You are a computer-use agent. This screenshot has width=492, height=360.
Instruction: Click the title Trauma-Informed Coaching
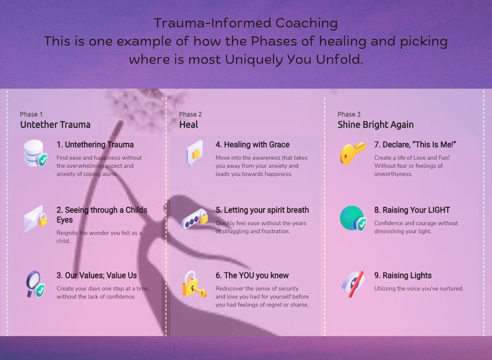pyautogui.click(x=245, y=24)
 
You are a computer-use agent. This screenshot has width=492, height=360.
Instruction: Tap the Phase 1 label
pyautogui.click(x=32, y=114)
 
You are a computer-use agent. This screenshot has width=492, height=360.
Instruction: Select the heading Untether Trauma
pyautogui.click(x=55, y=125)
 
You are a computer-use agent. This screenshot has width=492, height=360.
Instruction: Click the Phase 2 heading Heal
pyautogui.click(x=188, y=125)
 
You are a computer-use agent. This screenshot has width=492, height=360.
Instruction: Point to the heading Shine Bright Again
pyautogui.click(x=376, y=125)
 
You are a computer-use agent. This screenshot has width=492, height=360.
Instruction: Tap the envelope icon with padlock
pyautogui.click(x=35, y=218)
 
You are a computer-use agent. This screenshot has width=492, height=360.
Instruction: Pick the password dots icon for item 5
pyautogui.click(x=194, y=219)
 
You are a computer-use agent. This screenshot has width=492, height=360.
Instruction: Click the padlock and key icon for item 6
pyautogui.click(x=194, y=284)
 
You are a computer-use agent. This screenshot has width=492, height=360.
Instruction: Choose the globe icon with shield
pyautogui.click(x=353, y=219)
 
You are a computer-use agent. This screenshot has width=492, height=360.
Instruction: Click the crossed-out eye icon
pyautogui.click(x=353, y=284)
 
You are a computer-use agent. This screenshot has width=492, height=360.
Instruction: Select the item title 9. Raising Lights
pyautogui.click(x=403, y=276)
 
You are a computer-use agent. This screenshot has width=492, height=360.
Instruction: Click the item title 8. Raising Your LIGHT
pyautogui.click(x=412, y=210)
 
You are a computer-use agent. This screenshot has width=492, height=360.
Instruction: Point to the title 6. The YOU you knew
pyautogui.click(x=252, y=276)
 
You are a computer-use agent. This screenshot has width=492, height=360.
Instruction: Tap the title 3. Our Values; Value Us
pyautogui.click(x=97, y=276)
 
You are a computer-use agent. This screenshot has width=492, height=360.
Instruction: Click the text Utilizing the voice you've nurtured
pyautogui.click(x=418, y=289)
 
